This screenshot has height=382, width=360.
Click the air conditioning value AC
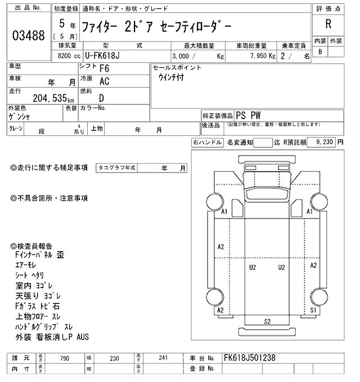[x=105, y=81]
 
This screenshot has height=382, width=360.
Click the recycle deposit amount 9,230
[x=325, y=143]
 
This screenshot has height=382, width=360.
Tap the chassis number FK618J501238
[x=251, y=357]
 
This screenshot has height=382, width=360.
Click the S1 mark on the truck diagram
[x=313, y=310]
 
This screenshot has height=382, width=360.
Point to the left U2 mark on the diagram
[x=253, y=267]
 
